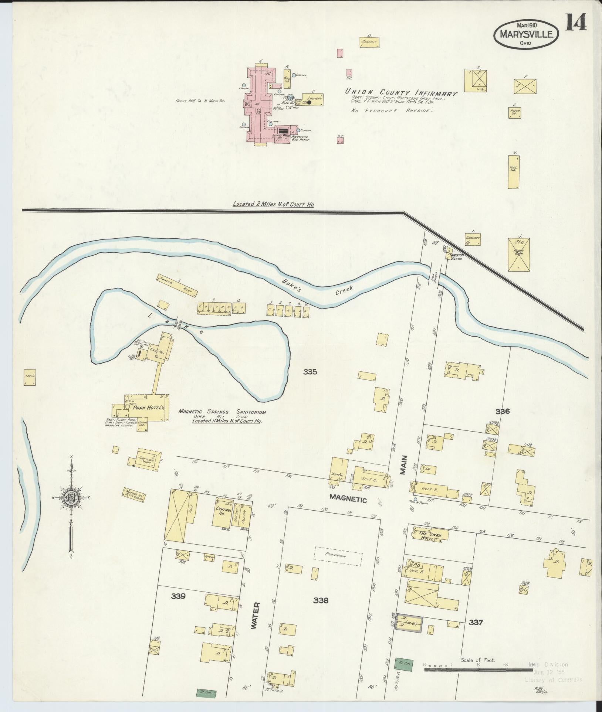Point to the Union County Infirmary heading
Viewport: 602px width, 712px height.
coord(401,92)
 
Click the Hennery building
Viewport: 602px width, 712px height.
coord(369,42)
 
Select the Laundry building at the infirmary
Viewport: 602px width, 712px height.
coord(313,99)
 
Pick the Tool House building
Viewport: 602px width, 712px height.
coord(513,172)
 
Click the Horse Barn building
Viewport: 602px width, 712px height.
coord(518,255)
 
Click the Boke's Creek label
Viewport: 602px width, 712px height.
coord(318,288)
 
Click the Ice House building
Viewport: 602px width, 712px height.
coord(30,378)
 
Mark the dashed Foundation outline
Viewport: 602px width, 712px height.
coord(338,565)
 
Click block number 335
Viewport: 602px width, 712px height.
coord(310,372)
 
